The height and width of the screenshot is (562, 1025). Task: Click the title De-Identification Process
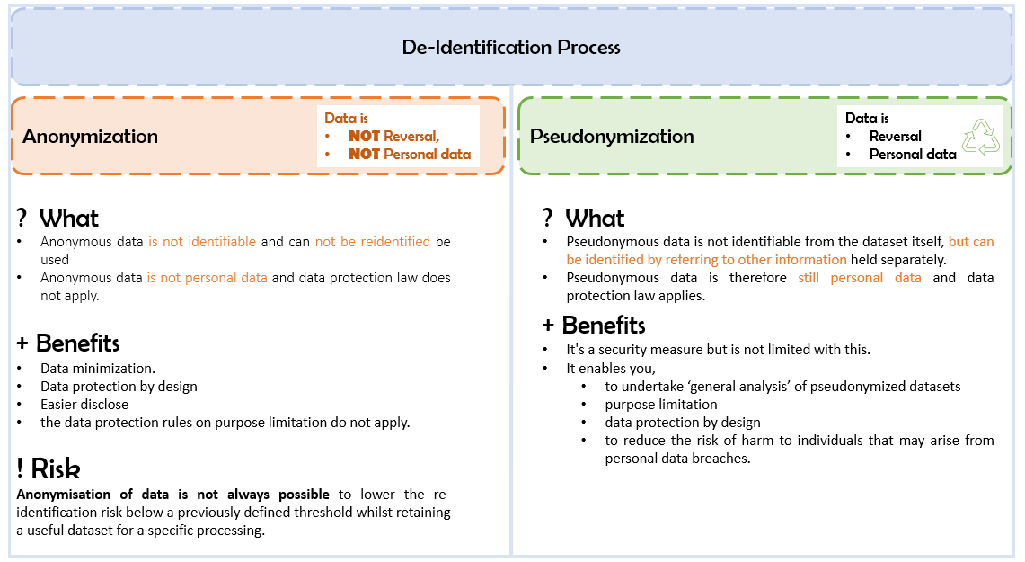511,48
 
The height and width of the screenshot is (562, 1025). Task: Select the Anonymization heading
90,137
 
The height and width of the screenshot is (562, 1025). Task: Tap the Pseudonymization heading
612,137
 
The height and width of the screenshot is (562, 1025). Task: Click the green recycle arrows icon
981,138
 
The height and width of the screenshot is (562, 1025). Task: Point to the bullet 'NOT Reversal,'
393,136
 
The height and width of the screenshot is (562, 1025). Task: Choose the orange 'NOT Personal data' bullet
409,154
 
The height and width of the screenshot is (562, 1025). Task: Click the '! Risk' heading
49,468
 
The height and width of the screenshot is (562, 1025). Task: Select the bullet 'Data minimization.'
98,368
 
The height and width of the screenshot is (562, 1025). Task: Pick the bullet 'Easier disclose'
84,404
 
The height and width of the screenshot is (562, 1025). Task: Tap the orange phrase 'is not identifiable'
202,242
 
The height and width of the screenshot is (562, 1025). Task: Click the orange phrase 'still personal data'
859,278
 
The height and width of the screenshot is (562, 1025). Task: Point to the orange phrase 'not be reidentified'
373,242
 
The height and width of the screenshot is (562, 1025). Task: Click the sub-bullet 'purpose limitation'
661,404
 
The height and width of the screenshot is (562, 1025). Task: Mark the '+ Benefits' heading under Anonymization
68,343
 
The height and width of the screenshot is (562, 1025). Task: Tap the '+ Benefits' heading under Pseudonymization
594,325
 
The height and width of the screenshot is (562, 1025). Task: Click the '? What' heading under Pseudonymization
583,219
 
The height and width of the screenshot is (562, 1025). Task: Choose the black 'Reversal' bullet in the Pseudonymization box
895,137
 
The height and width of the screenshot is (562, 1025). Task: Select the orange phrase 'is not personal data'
208,278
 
